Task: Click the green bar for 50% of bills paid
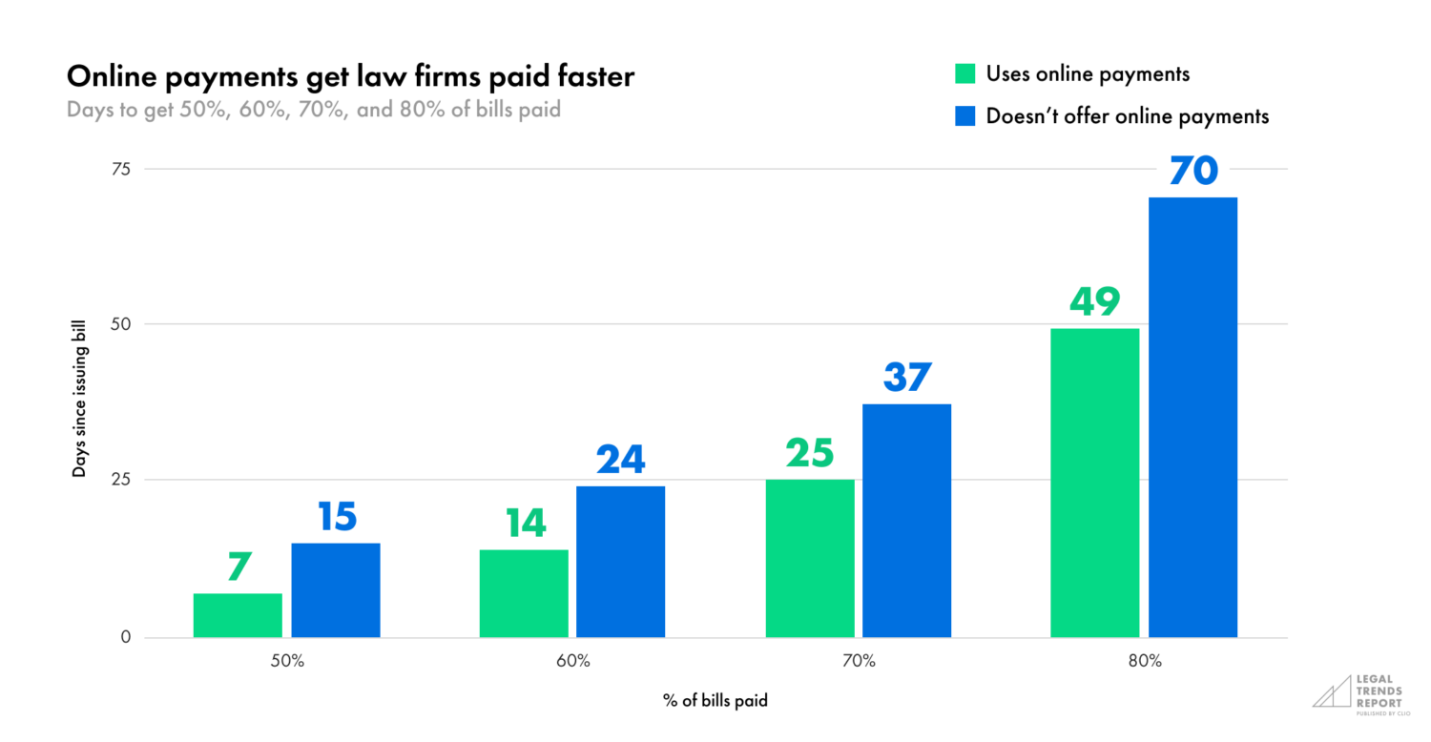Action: point(238,615)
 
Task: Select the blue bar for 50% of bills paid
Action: point(336,590)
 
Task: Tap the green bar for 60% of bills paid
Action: point(524,593)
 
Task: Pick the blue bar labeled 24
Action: point(621,562)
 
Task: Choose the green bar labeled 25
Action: point(810,558)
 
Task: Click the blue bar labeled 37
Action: point(907,521)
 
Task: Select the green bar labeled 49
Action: point(1095,483)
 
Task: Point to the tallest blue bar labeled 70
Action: point(1192,417)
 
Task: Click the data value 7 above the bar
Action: point(238,567)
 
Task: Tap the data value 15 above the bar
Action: point(336,517)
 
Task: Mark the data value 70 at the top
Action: point(1192,172)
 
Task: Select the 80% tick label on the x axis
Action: point(1144,661)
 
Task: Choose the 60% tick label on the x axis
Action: point(572,661)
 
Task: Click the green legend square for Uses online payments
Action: point(964,74)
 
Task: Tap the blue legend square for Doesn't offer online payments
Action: point(964,116)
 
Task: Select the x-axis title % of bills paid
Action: point(715,701)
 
